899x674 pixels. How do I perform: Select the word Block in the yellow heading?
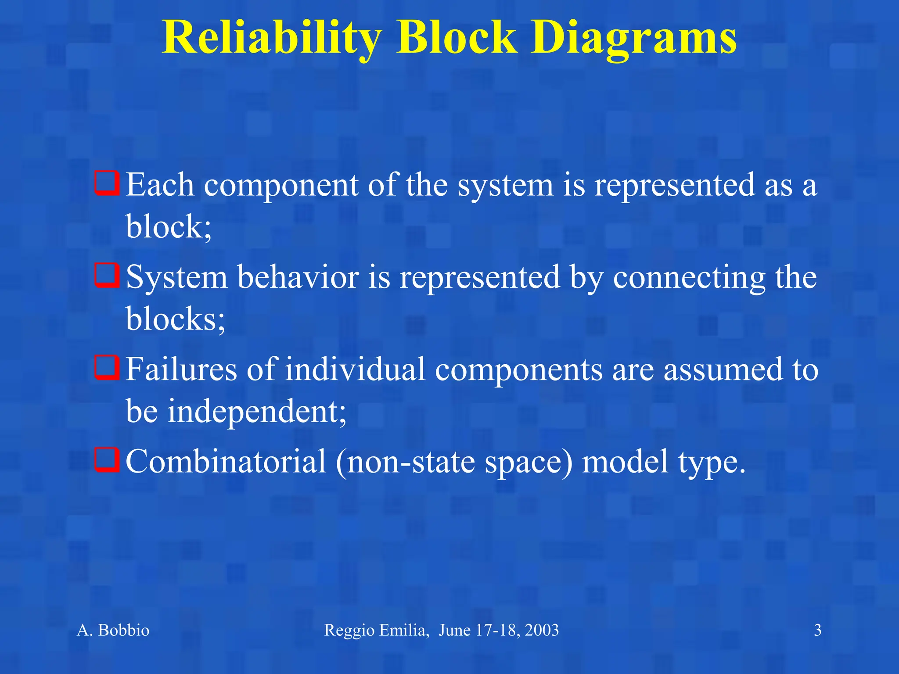click(457, 39)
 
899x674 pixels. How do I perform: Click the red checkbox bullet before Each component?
click(107, 183)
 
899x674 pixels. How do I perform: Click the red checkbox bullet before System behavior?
click(107, 276)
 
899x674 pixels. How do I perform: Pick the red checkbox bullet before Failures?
click(107, 368)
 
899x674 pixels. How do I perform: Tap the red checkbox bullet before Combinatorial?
click(107, 460)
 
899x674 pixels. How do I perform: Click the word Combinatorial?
click(226, 462)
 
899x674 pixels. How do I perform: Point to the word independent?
click(257, 412)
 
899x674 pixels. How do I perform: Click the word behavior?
click(298, 277)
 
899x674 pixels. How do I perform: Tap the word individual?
click(355, 369)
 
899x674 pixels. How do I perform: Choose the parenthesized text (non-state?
click(406, 462)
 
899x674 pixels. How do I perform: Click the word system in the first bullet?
click(505, 186)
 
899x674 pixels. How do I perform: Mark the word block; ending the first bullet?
click(169, 227)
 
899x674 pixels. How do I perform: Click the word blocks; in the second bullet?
click(176, 319)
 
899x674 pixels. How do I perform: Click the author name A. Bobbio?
click(113, 630)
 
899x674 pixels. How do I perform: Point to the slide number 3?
click(817, 630)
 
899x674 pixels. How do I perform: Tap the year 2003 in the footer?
click(542, 630)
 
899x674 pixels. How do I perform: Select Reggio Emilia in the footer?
click(376, 631)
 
